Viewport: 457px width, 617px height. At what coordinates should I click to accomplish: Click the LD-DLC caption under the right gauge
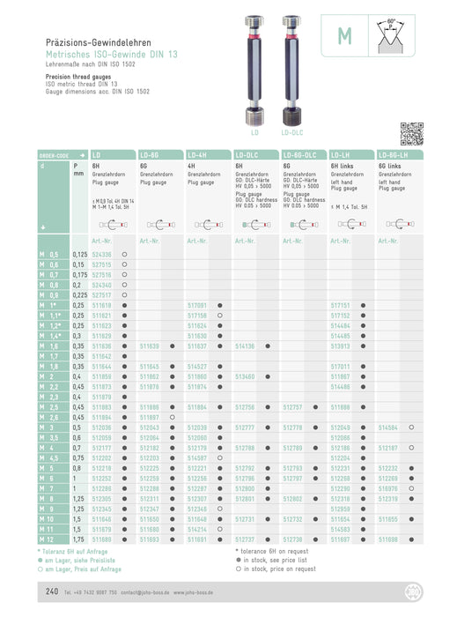click(292, 132)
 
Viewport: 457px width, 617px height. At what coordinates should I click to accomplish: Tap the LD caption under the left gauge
click(254, 132)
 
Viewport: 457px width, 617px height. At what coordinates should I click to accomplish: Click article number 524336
click(102, 254)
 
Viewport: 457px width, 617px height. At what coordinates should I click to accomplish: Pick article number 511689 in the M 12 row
click(102, 537)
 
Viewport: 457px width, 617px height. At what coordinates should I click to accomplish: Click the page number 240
click(52, 591)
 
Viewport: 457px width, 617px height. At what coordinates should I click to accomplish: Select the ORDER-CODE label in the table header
click(54, 153)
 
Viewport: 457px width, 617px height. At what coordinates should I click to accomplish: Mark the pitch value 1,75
click(78, 537)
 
